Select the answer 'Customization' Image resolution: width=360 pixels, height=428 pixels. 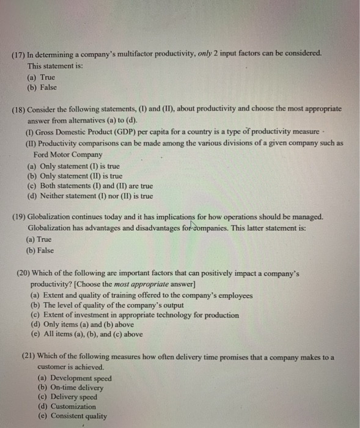(67, 406)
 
